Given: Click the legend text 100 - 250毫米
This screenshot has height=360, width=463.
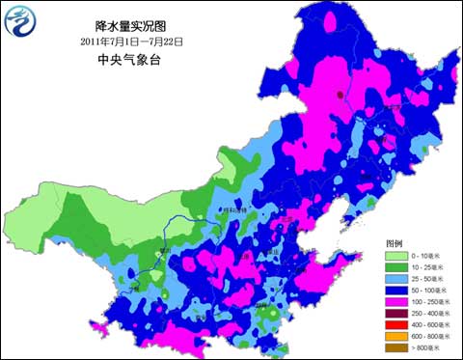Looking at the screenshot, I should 431,301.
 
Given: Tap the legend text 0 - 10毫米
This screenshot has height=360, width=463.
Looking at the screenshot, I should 429,255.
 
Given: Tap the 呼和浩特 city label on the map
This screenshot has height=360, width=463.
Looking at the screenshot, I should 235,209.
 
